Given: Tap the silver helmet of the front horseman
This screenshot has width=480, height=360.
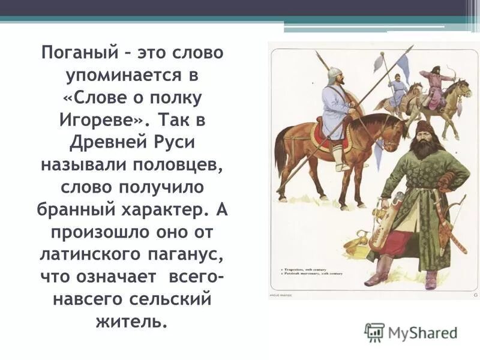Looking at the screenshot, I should point(334,74).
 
